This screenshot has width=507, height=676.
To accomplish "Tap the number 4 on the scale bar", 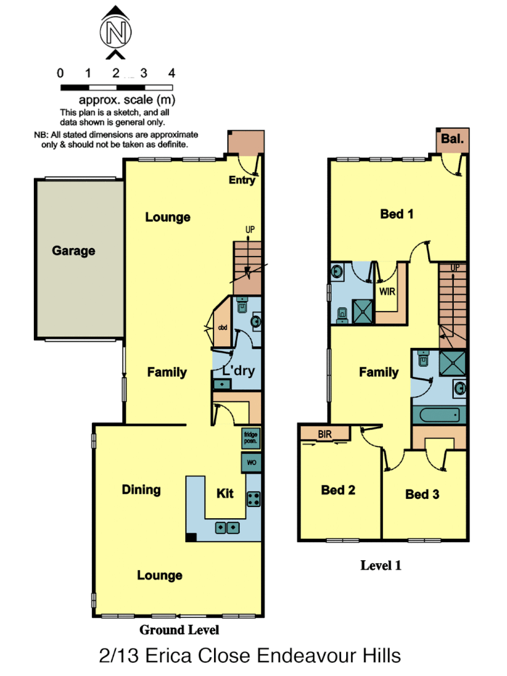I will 172,73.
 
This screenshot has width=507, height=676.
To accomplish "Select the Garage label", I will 74,251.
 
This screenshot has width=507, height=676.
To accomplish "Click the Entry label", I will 242,180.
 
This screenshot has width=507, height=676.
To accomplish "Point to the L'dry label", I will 238,371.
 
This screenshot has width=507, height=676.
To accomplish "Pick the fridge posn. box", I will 251,438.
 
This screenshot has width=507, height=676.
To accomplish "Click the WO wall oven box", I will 251,463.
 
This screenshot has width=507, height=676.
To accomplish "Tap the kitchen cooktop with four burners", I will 253,499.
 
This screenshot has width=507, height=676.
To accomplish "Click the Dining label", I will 141,489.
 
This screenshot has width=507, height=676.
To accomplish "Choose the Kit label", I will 225,493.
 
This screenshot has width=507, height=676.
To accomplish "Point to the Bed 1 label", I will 397,214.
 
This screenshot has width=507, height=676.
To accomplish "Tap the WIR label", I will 387,291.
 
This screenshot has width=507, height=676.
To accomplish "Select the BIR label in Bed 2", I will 324,433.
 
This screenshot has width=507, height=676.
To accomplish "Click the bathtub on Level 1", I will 439,414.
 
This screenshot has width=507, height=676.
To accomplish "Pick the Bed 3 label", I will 422,494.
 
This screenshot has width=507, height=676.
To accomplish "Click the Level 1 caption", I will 381,566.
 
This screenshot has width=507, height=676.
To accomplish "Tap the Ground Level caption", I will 179,630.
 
